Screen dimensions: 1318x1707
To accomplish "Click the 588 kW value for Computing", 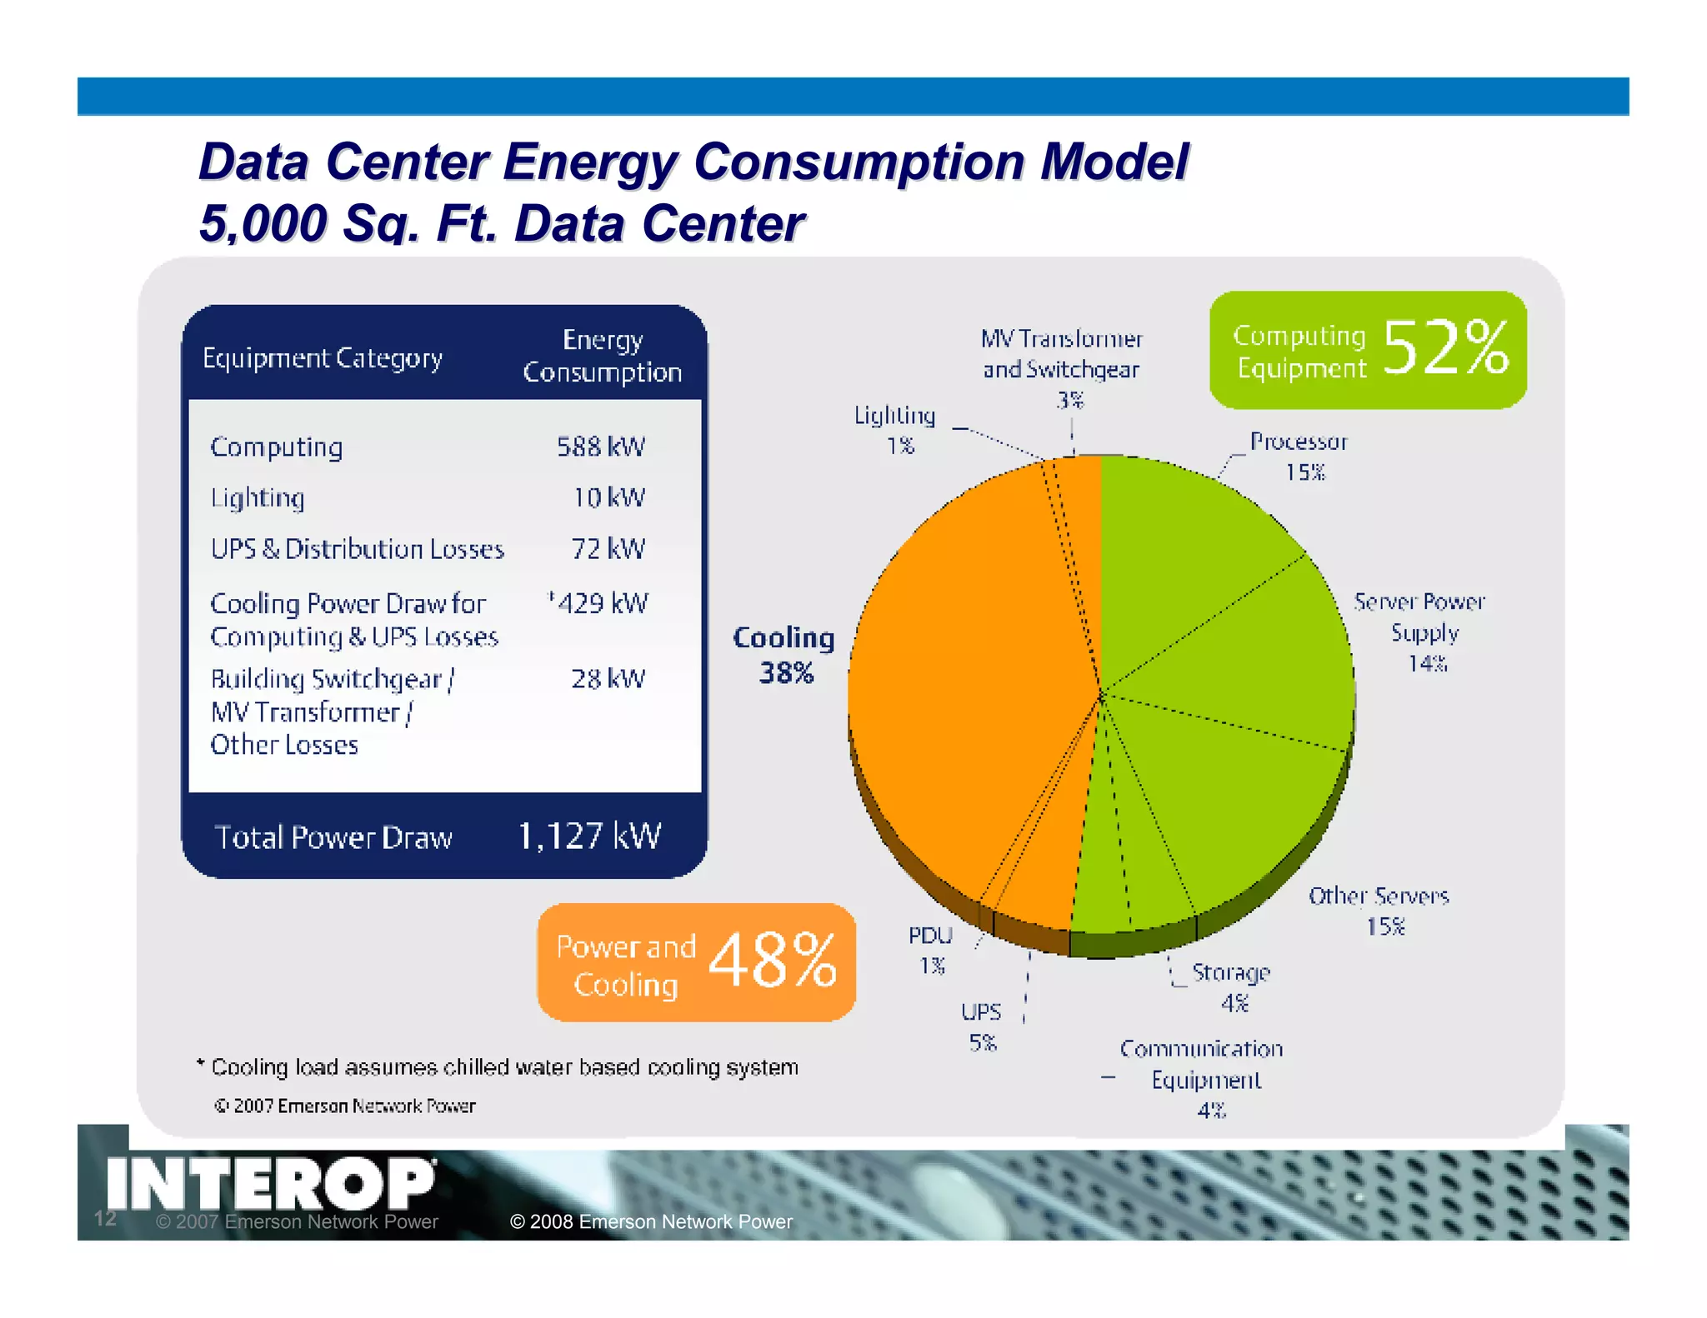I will click(600, 447).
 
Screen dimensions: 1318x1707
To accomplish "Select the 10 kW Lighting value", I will click(608, 497).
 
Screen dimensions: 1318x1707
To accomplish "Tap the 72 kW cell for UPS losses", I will click(608, 549).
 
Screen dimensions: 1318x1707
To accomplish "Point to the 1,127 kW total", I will click(588, 836).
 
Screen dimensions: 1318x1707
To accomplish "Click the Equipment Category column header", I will click(323, 358).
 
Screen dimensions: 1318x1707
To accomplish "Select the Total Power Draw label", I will click(333, 837).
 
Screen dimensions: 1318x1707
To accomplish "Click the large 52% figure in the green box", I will click(1445, 348).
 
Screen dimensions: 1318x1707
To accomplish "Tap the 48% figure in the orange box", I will click(772, 961).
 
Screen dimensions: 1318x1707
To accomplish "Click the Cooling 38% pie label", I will click(783, 655).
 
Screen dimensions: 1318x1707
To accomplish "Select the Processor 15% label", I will click(1299, 457).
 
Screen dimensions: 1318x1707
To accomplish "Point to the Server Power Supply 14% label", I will click(1420, 632).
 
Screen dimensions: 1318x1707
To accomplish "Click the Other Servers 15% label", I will click(1379, 910).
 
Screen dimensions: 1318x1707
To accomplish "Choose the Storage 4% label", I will click(1231, 986).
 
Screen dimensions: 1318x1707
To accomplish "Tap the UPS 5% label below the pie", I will click(981, 1026).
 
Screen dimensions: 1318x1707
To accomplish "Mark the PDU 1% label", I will click(930, 949).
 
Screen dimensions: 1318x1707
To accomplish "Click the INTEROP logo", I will click(270, 1183).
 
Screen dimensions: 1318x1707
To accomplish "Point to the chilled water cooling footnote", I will click(504, 1067).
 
